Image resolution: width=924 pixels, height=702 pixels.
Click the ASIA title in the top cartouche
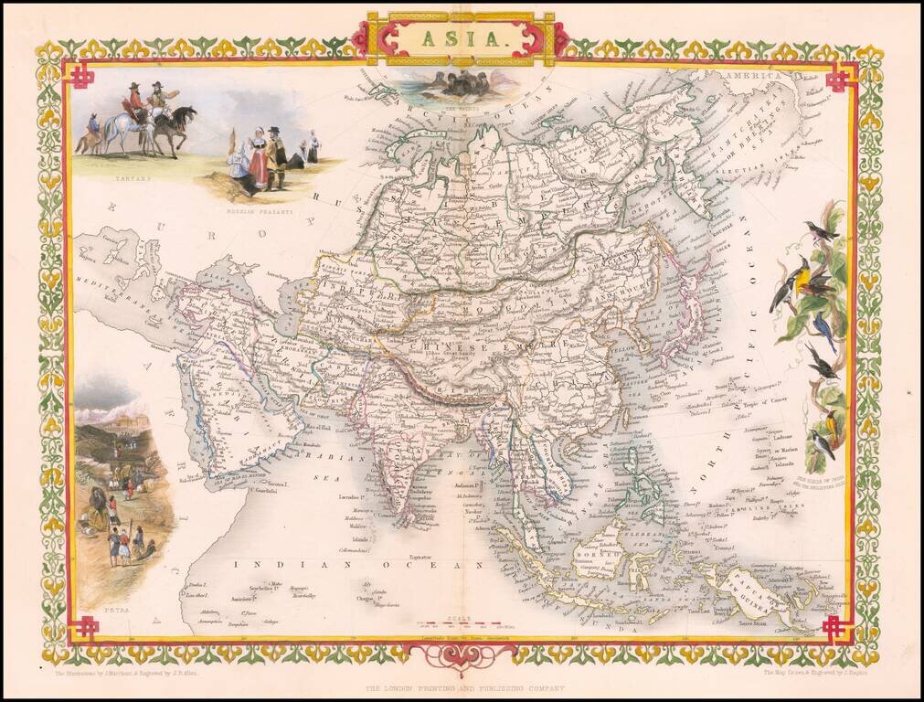point(462,38)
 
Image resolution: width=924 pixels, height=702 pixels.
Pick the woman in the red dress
point(258,165)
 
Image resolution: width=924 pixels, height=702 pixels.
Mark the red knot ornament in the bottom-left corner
point(87,627)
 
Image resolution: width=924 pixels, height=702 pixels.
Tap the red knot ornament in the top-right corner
point(838,78)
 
